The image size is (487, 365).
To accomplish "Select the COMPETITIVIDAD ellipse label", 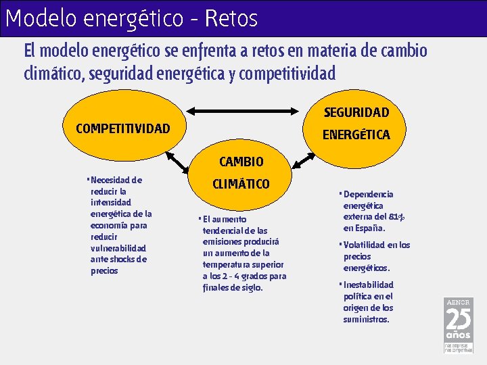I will click(123, 128).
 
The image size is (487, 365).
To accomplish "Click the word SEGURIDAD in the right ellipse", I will click(356, 112).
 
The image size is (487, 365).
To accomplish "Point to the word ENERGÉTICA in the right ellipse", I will click(356, 135).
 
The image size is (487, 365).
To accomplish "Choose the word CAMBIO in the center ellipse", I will click(241, 162).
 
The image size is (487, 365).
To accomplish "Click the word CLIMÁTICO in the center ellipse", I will click(241, 184).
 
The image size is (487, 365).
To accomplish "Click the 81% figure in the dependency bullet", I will click(397, 217).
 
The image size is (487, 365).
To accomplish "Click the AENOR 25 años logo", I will click(458, 324).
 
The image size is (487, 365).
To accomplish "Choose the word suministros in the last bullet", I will click(366, 319).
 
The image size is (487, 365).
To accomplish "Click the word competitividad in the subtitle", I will click(287, 72).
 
